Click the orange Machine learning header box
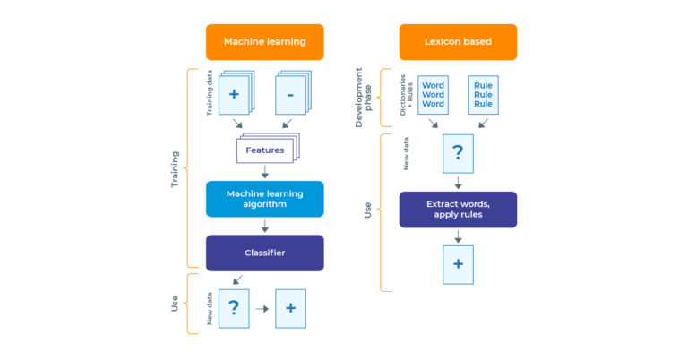(264, 42)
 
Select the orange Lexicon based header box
(458, 42)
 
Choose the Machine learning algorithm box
(264, 199)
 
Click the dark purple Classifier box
(264, 253)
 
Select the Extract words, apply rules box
(458, 210)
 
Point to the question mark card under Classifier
(233, 308)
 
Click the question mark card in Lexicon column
(458, 153)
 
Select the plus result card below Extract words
(458, 265)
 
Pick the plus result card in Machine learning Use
(290, 308)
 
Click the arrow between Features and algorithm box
(264, 172)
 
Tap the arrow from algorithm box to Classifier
(264, 226)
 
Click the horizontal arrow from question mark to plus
(262, 308)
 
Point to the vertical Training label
(175, 168)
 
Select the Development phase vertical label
(364, 99)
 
